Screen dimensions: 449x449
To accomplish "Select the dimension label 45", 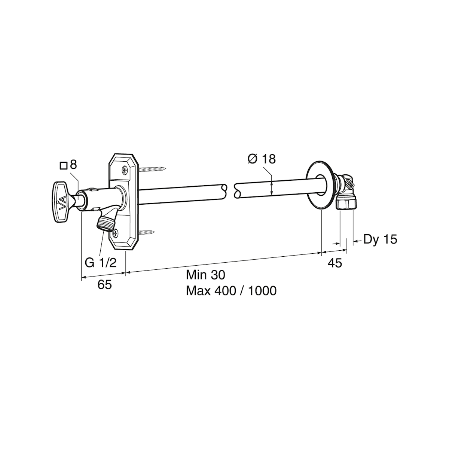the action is tap(335, 263).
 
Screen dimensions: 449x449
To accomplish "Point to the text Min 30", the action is tap(205, 275).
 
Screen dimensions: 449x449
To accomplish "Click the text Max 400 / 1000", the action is tap(231, 291).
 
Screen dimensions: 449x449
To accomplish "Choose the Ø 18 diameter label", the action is tap(262, 159).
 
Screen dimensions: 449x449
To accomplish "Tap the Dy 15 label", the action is tap(380, 239).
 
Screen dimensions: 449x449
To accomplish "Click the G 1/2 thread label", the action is tap(100, 263).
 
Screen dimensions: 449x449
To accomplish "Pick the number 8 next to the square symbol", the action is tap(73, 165).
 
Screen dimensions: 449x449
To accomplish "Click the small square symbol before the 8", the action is tap(64, 166).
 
